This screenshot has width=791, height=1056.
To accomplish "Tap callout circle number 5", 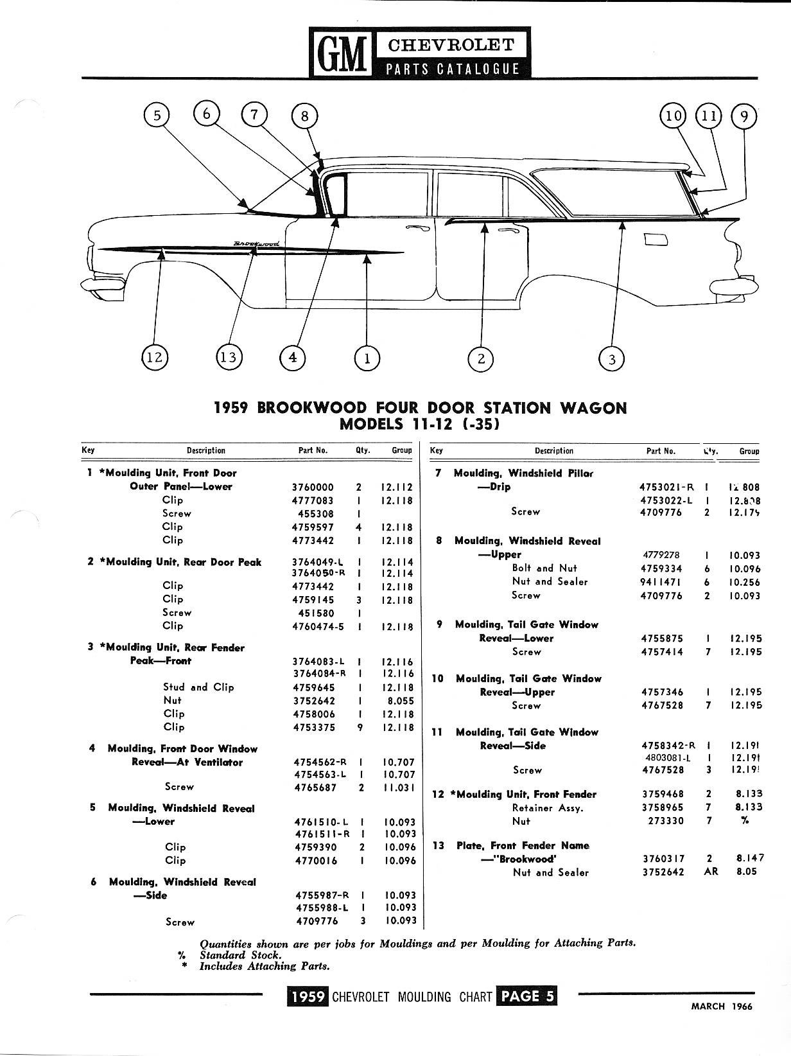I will [157, 116].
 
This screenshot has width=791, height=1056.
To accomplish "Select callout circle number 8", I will [304, 116].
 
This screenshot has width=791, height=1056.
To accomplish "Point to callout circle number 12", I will [155, 357].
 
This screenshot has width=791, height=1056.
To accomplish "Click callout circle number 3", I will [611, 358].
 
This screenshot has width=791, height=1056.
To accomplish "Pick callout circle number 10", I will [673, 116].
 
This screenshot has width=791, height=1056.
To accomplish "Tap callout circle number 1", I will [367, 358].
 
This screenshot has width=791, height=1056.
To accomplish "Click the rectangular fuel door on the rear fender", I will [655, 240].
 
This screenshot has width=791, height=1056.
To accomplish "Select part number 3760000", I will [313, 487].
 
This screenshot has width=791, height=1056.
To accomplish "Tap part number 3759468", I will [663, 794].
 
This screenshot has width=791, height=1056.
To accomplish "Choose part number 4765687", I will [315, 787].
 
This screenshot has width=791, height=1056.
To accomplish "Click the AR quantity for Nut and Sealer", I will [711, 872].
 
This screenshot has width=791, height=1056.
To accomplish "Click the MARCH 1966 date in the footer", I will [721, 1007].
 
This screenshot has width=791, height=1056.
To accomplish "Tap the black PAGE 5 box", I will [527, 996].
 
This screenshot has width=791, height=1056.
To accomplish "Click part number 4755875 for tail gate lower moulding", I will [663, 638].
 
